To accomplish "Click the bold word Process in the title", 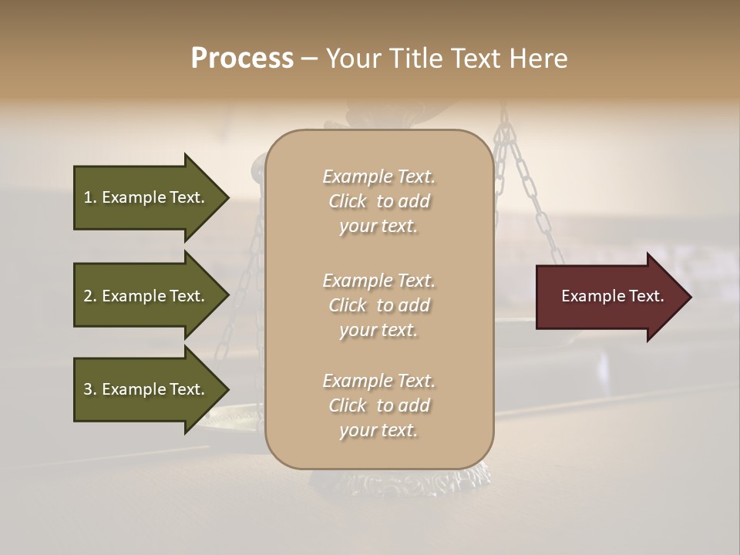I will (242, 59).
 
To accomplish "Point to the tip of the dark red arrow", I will (688, 296).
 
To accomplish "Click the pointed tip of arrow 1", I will (227, 197).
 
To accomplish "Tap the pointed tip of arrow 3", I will (227, 389).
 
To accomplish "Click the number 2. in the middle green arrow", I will (90, 296).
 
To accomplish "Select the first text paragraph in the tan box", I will (378, 201).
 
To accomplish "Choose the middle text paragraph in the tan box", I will (378, 305).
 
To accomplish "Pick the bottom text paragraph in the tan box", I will (378, 405).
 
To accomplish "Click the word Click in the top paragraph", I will (348, 201).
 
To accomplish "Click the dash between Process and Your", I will (309, 59).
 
